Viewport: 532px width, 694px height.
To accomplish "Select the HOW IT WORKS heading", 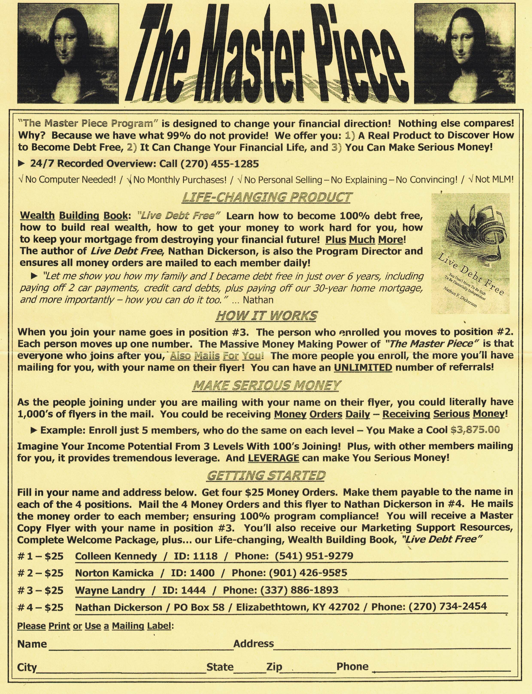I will tap(267, 316).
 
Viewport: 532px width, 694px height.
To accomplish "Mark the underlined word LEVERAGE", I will tap(274, 458).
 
